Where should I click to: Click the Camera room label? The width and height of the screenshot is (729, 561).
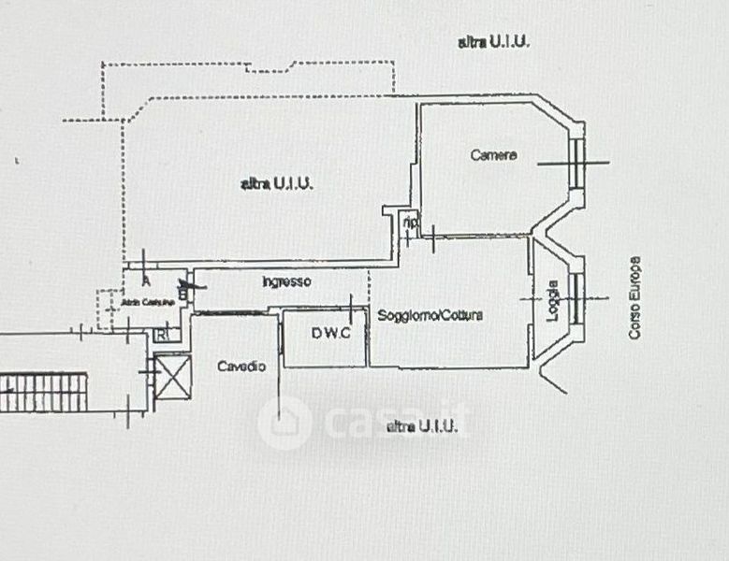pos(493,155)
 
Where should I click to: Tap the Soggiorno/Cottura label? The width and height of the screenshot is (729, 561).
pos(430,315)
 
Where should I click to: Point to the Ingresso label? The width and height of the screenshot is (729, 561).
pos(286,280)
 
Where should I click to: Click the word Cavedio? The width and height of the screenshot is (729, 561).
pos(241,366)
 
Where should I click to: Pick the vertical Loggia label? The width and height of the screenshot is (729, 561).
pos(553,300)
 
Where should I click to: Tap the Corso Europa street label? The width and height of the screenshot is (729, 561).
pos(634,297)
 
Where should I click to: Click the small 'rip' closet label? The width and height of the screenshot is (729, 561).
pos(410,223)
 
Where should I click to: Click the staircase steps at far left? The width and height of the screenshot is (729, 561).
pos(43,392)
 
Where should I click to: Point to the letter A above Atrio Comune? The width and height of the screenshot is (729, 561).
pos(146,280)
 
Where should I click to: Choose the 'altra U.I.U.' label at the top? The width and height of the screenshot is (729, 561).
pos(494,42)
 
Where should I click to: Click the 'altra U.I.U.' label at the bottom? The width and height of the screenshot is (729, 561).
pos(422,426)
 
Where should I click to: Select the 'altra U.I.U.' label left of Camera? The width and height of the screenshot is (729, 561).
pos(277,184)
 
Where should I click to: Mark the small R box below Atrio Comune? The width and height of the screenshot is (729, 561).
pos(162,333)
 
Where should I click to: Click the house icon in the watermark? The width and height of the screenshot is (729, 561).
pos(284,423)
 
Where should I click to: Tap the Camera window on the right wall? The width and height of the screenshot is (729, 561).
pos(577,163)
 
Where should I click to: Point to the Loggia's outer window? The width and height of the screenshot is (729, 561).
pos(577,299)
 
